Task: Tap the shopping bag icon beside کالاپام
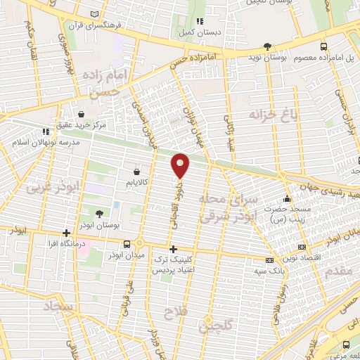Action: [136, 171]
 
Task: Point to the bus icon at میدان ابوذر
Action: [126, 244]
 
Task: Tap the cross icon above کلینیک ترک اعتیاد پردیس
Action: [173, 249]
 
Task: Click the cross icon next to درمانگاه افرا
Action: [66, 233]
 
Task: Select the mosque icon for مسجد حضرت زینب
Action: [286, 198]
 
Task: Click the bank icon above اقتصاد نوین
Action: [302, 247]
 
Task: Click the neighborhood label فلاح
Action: [174, 311]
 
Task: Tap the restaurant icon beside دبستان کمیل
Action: [200, 20]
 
